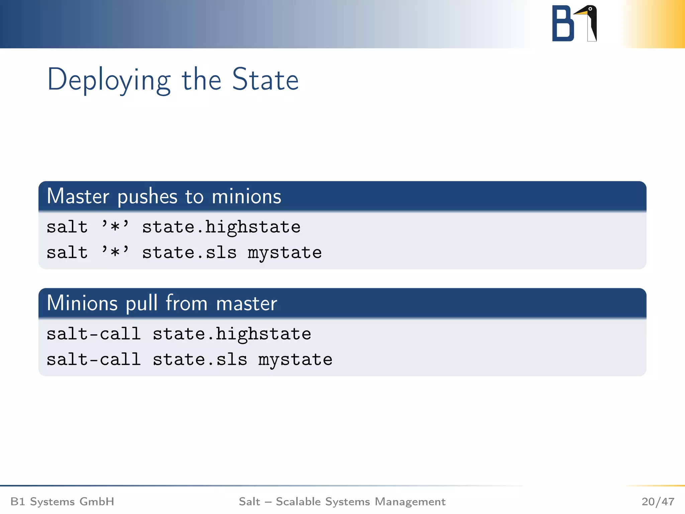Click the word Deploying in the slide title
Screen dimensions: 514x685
pyautogui.click(x=109, y=80)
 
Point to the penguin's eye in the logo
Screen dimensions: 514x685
pyautogui.click(x=590, y=9)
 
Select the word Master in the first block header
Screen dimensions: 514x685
pyautogui.click(x=78, y=196)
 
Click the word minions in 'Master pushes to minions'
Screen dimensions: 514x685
pyautogui.click(x=247, y=196)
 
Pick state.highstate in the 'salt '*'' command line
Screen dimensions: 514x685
pyautogui.click(x=221, y=228)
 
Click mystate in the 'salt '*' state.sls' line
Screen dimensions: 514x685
pyautogui.click(x=285, y=253)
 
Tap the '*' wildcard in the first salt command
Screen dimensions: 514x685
pyautogui.click(x=115, y=227)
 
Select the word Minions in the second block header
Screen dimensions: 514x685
pyautogui.click(x=82, y=304)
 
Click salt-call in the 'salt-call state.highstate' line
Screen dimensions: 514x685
pyautogui.click(x=93, y=334)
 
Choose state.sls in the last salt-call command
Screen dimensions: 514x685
pyautogui.click(x=200, y=360)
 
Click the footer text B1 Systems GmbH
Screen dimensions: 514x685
pyautogui.click(x=62, y=502)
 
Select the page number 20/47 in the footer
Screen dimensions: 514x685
pyautogui.click(x=658, y=502)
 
